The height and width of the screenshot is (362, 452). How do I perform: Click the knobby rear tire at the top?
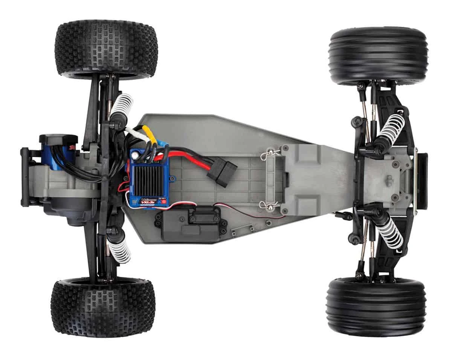point(106,49)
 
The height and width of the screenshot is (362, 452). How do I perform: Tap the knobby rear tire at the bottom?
point(102,308)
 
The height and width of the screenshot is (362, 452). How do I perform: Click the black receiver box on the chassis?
point(188,225)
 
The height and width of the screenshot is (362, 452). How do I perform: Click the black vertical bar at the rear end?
point(25,177)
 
